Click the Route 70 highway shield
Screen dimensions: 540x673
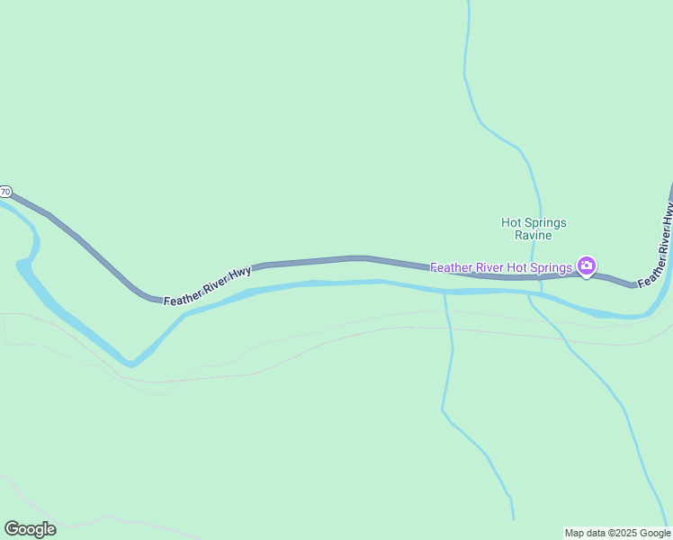click(5, 192)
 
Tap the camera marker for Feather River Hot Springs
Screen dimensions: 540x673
click(587, 265)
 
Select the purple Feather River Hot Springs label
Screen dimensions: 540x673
click(501, 267)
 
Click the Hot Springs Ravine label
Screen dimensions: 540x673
click(534, 229)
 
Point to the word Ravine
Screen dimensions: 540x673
click(534, 236)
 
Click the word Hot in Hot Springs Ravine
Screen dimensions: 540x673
click(511, 222)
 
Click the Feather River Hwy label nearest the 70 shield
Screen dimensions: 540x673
click(207, 285)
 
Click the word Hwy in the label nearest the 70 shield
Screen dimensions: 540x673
click(239, 274)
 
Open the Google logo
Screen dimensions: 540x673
click(30, 529)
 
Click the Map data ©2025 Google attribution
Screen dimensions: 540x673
click(617, 533)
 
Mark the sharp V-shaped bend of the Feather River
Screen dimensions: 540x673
click(131, 364)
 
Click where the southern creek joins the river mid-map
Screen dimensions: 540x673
click(445, 293)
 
